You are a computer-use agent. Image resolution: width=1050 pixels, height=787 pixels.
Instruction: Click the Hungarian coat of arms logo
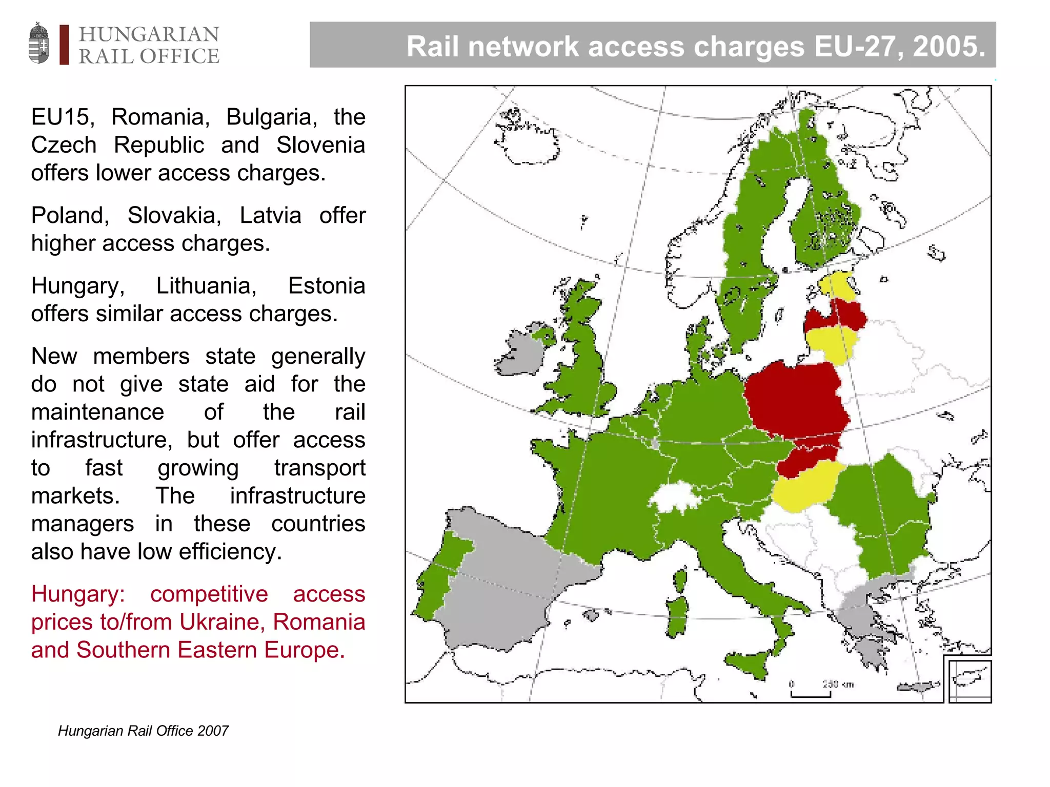39,43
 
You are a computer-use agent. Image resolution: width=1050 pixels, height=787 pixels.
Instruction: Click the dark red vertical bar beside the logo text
64,45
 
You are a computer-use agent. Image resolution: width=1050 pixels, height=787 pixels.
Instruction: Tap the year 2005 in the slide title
948,46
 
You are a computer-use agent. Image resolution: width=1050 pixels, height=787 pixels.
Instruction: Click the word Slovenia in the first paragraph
320,145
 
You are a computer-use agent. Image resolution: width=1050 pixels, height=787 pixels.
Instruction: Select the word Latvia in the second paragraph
270,215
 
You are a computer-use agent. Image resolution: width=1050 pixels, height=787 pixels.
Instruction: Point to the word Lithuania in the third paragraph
206,286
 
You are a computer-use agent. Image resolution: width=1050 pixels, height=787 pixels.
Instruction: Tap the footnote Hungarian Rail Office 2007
143,731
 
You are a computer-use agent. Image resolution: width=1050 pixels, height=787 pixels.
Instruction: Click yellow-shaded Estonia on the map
838,286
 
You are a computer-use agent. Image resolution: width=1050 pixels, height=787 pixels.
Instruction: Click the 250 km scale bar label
838,684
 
